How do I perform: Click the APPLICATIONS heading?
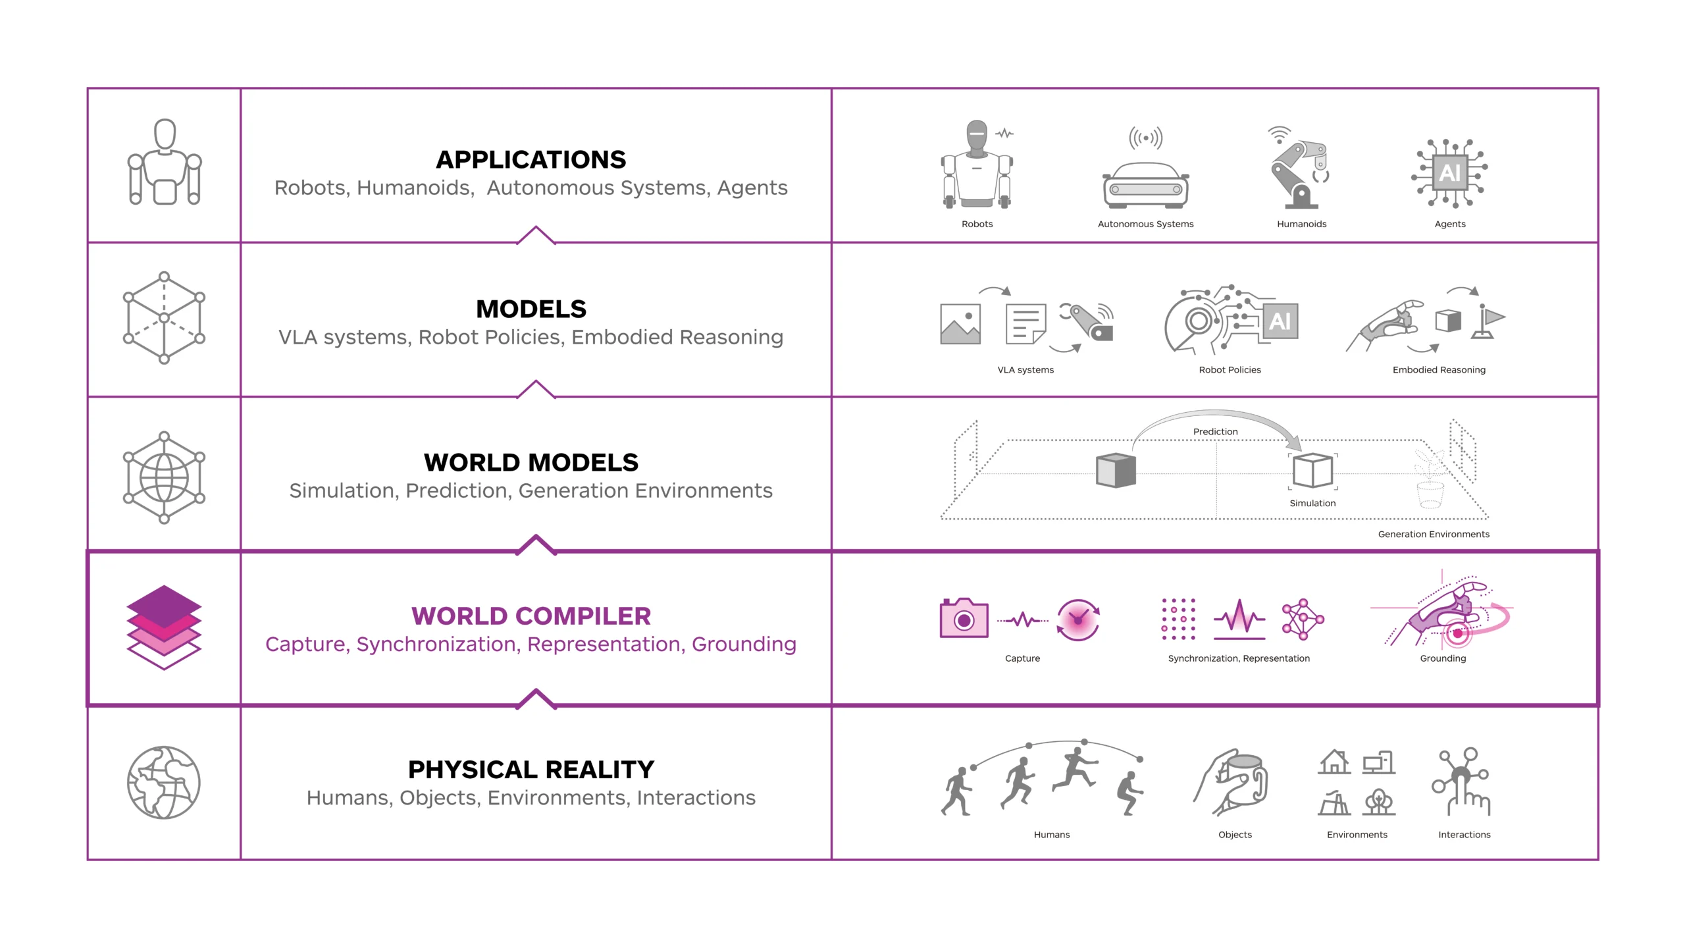531,159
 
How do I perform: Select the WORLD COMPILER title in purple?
531,616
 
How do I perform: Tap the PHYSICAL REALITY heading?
531,770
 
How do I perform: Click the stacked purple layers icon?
164,627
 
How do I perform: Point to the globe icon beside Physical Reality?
164,782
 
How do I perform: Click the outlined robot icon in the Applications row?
165,162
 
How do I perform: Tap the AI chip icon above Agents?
1449,173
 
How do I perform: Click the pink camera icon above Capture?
964,618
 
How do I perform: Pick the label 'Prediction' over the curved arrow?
1215,432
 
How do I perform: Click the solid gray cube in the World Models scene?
1116,470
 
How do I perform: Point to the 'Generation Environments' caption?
1434,535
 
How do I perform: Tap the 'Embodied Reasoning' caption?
1439,370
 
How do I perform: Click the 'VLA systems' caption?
1025,370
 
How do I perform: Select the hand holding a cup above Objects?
1231,782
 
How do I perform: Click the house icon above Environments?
1334,762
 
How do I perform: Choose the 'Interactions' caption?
1464,835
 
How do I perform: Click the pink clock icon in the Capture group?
1077,619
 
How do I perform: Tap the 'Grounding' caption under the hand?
1443,658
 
